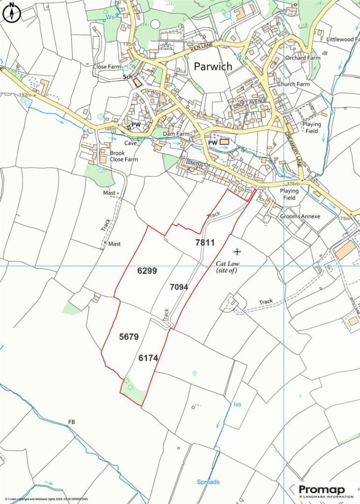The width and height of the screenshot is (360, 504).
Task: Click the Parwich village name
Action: click(213, 66)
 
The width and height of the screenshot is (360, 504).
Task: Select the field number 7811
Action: click(205, 242)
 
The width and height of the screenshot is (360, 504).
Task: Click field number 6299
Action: click(147, 270)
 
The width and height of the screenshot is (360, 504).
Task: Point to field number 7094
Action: click(179, 286)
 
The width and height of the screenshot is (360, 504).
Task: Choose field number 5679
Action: click(129, 337)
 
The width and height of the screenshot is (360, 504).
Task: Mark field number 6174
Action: click(148, 359)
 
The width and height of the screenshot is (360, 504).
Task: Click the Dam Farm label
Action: click(176, 134)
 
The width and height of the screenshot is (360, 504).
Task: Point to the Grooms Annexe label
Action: click(300, 217)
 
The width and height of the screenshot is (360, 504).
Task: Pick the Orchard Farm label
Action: click(302, 58)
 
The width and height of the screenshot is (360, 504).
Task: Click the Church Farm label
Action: click(294, 84)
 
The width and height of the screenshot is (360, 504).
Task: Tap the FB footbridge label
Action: click(72, 422)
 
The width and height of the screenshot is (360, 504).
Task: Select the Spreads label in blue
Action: click(208, 482)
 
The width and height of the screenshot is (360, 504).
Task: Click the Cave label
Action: click(131, 143)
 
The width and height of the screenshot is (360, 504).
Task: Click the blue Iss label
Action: click(237, 405)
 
